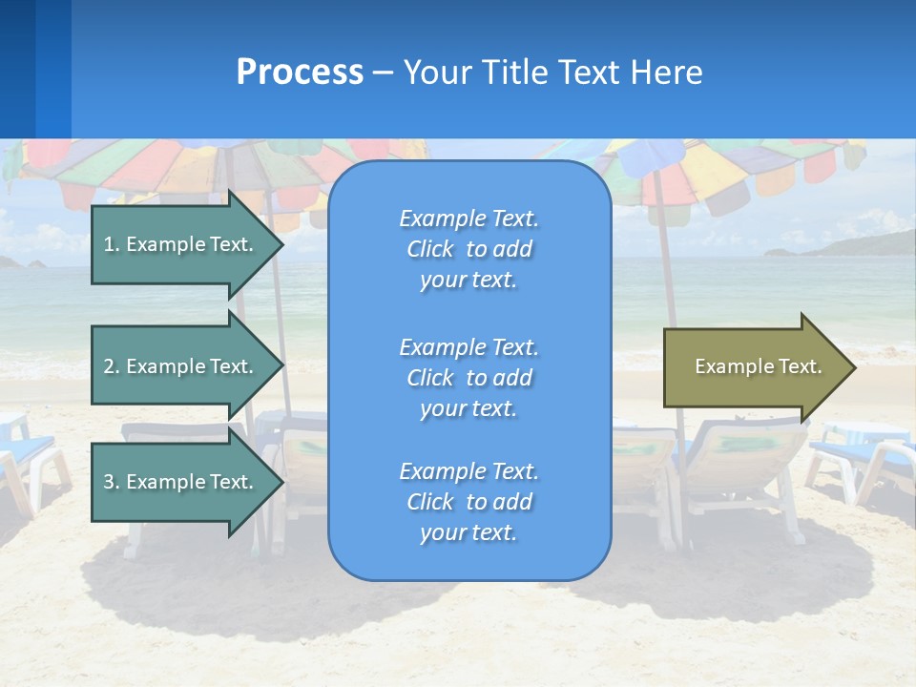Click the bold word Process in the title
coord(300,73)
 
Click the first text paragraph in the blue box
coord(468,249)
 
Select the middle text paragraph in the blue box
coord(468,378)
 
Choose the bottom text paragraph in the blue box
coord(468,502)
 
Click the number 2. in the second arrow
coord(112,366)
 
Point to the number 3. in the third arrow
coord(112,482)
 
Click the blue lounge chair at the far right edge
coord(864,458)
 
